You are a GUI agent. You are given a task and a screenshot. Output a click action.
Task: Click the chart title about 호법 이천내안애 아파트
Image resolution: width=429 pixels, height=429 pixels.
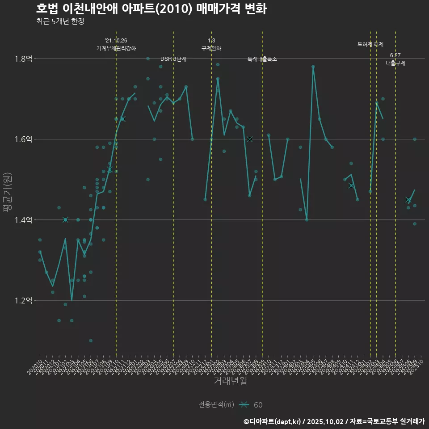point(151,9)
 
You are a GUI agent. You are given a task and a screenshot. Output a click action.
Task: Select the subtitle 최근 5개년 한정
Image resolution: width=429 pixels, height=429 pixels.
point(60,21)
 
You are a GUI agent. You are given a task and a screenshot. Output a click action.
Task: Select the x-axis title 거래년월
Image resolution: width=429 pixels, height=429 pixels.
point(230,381)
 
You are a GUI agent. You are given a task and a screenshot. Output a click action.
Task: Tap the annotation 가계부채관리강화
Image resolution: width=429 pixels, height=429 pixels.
point(116,48)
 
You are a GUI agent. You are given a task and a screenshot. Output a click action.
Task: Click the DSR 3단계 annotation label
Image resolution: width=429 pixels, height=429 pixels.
point(173,59)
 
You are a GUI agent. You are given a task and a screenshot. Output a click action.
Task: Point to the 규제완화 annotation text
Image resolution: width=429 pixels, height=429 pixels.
point(211,48)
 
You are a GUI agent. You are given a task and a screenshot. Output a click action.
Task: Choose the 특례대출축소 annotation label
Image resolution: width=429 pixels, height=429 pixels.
point(262,59)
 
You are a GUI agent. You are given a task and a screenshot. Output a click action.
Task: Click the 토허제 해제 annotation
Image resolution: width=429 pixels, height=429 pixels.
point(370,44)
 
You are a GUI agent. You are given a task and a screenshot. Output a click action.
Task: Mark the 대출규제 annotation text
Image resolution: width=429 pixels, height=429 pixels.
point(395,63)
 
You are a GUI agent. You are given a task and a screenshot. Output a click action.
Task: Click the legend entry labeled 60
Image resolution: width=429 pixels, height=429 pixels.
point(258,405)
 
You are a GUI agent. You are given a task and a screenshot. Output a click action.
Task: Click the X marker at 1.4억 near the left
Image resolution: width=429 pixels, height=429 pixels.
point(65,219)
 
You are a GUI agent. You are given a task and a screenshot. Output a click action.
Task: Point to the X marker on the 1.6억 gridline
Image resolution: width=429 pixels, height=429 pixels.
point(249,139)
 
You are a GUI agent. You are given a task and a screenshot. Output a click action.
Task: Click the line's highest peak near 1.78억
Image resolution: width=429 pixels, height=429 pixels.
point(313,67)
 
